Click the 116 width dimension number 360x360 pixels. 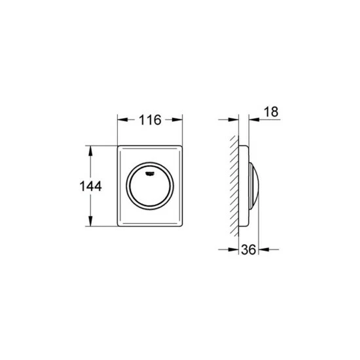(x=150, y=120)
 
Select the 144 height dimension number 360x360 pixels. (x=90, y=186)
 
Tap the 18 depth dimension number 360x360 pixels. (x=271, y=112)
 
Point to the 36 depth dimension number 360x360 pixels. (x=249, y=249)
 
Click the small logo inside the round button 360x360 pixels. (x=150, y=173)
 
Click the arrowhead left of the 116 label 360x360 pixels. (x=123, y=120)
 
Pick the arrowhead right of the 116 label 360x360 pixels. (x=177, y=120)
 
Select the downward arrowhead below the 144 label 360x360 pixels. (x=90, y=221)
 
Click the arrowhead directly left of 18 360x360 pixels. (x=254, y=119)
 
